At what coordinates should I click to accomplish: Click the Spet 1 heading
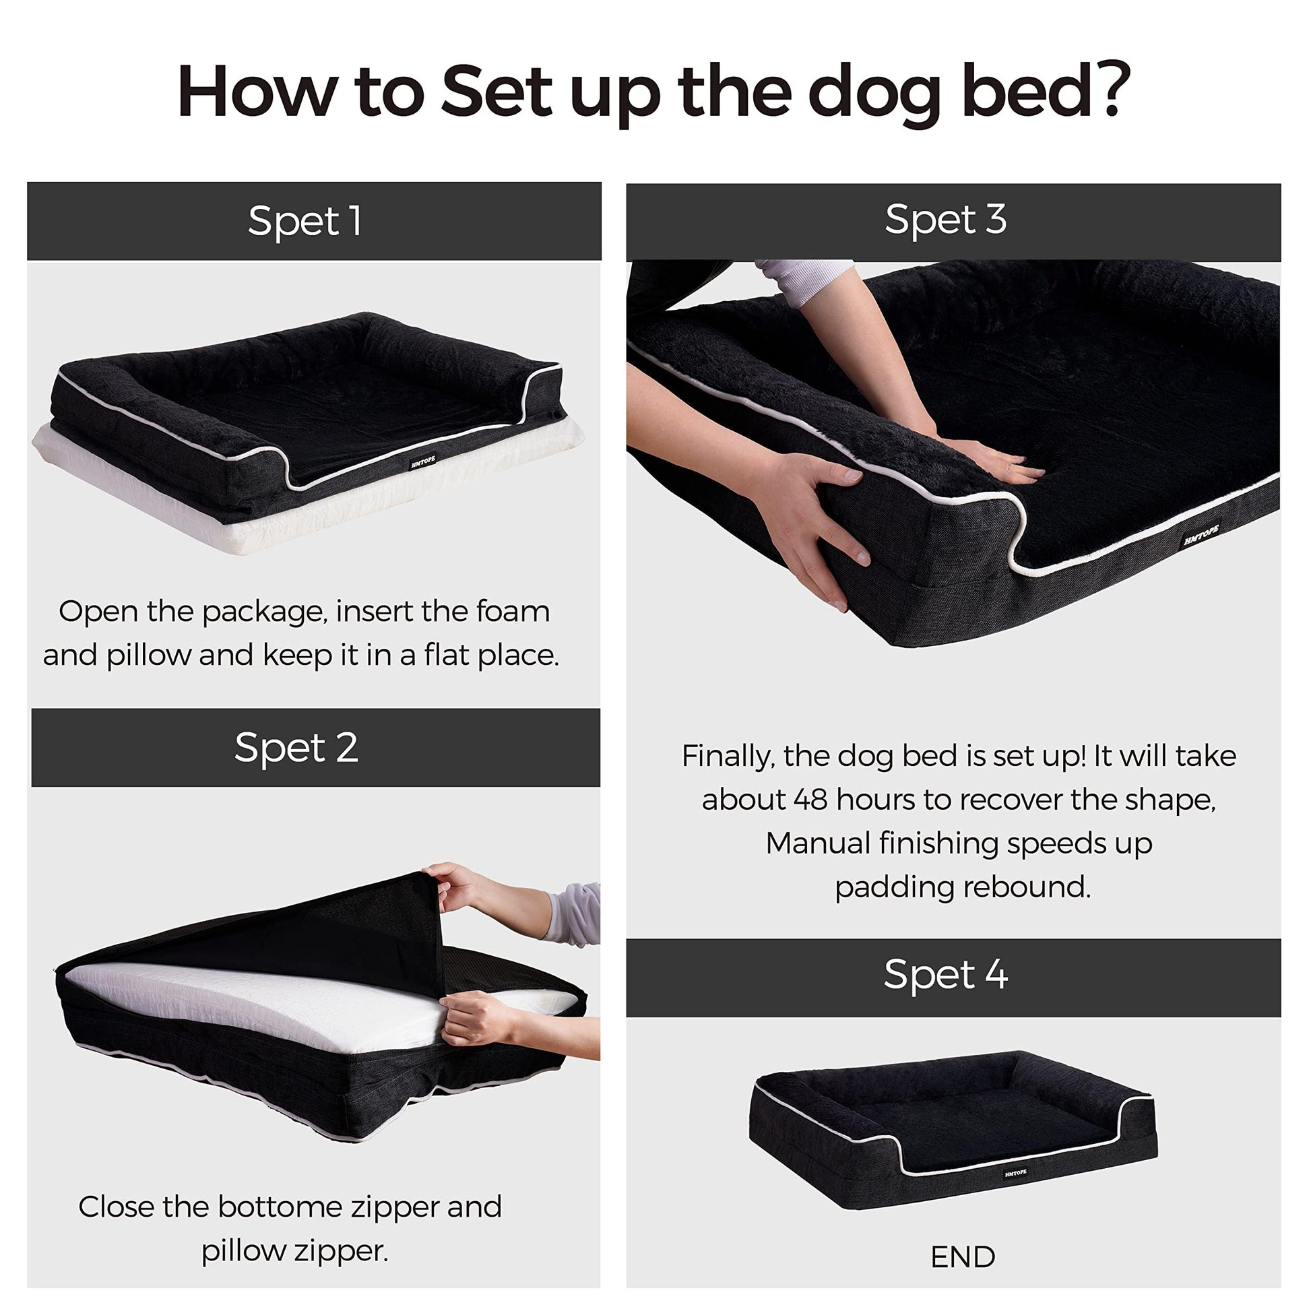305,221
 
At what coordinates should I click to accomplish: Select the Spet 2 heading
296,748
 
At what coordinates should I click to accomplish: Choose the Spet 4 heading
945,975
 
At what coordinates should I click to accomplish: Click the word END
963,1257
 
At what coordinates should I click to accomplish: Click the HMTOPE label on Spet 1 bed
424,463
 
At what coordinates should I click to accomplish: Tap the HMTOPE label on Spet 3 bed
1202,534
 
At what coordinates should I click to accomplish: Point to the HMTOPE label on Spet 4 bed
1015,1173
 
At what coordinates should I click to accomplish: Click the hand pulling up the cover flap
453,887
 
